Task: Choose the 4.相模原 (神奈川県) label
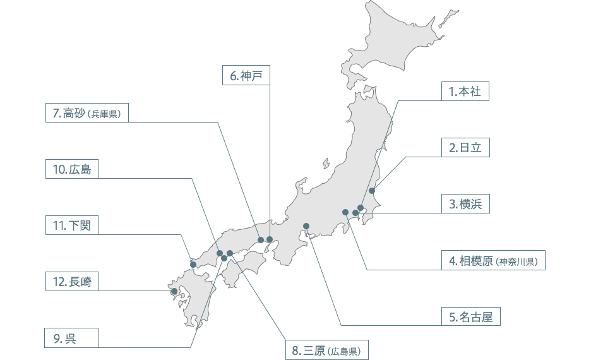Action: point(493,260)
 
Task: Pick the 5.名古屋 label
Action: point(470,316)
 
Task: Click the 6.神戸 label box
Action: point(246,76)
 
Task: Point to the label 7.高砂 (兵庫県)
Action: point(87,114)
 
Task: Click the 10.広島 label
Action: point(72,169)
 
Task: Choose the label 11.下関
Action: point(72,225)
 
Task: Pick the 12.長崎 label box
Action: point(72,282)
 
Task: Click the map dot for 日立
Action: point(372,191)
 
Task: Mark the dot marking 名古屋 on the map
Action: point(306,225)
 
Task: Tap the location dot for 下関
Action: point(193,265)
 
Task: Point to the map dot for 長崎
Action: point(174,291)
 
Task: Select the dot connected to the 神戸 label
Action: point(270,239)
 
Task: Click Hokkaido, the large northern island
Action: point(404,38)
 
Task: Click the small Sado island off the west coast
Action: point(326,164)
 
